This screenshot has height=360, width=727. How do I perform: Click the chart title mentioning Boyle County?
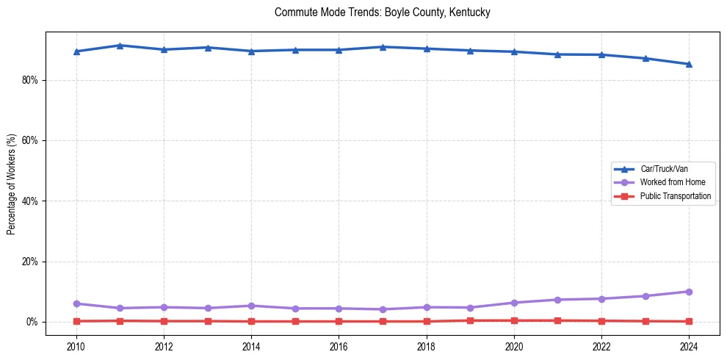point(382,12)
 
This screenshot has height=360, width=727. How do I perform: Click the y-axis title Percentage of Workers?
point(12,184)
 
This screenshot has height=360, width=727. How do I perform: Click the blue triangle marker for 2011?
point(120,46)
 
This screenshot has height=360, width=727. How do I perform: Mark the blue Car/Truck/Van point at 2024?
point(689,64)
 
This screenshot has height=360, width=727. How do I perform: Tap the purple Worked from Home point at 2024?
point(689,292)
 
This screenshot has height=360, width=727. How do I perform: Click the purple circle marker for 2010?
point(76,303)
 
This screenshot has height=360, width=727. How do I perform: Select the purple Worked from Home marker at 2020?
point(514,303)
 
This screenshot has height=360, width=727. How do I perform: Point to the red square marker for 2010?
point(76,321)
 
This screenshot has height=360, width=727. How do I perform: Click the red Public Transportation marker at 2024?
point(689,321)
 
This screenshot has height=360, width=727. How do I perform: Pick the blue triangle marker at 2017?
point(383,47)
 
